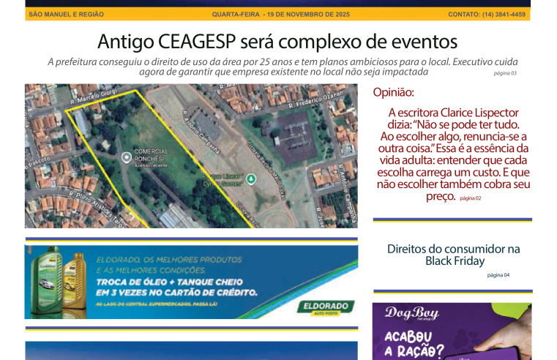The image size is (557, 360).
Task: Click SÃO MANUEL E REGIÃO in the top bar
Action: pos(65,14)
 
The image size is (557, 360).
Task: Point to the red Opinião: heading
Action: pos(393,92)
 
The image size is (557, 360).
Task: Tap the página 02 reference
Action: pos(471,198)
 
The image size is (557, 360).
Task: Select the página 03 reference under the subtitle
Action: pos(505,73)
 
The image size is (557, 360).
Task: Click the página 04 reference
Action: pos(498,275)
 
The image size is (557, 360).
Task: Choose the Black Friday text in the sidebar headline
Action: pos(454,260)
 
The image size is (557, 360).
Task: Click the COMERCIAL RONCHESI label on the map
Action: pos(151,154)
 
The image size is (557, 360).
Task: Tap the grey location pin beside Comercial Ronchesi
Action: pos(126,157)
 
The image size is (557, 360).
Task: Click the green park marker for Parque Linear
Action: pos(251,178)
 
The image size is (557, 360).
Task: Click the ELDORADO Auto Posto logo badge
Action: pos(326,307)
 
